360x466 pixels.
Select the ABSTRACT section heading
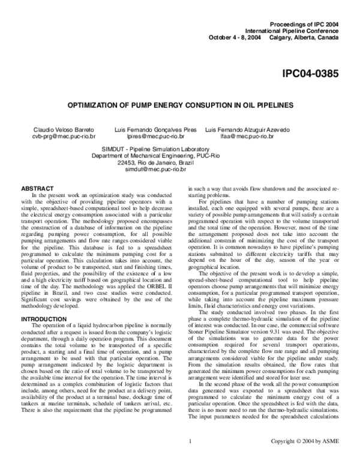point(37,189)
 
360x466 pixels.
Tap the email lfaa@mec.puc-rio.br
point(248,136)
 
